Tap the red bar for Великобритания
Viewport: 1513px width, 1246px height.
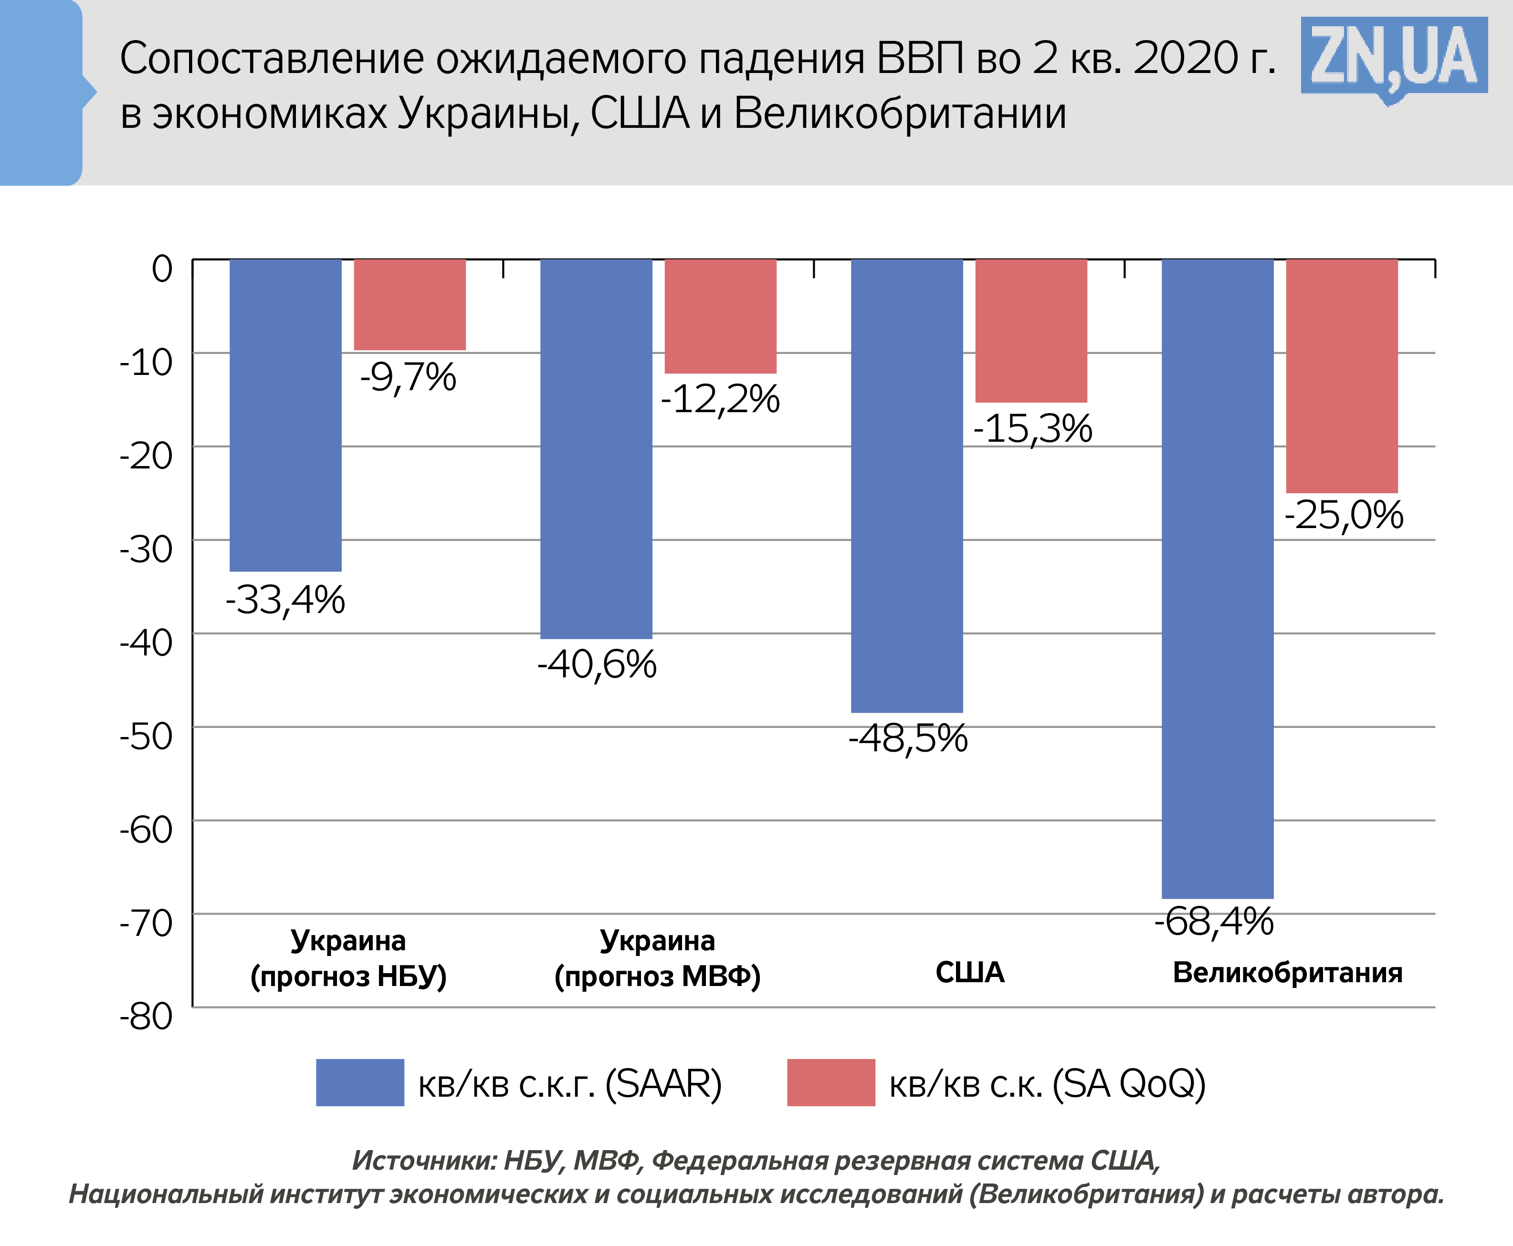click(1341, 375)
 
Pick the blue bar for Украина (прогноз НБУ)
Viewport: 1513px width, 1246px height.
click(285, 415)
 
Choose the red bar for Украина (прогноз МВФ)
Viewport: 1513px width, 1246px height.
click(720, 316)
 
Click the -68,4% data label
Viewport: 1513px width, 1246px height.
click(1214, 922)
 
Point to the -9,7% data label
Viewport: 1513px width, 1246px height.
click(408, 377)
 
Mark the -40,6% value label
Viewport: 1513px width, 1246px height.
click(597, 664)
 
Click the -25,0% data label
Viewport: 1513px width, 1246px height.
click(1344, 515)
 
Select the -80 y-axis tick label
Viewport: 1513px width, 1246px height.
click(147, 1017)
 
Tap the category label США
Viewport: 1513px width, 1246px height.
click(969, 973)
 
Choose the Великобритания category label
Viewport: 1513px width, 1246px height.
click(1287, 973)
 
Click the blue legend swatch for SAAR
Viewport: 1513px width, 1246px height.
click(360, 1082)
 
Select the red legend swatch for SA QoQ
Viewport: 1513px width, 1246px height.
click(831, 1082)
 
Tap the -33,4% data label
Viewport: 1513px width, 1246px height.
click(285, 600)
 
